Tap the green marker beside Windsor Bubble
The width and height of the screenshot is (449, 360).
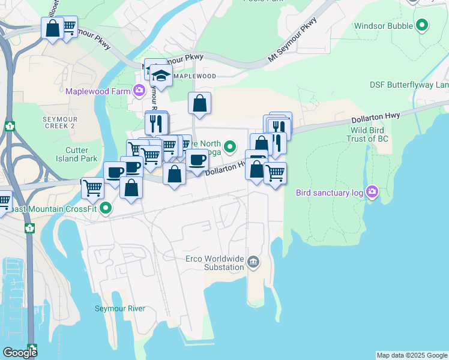pos(423,26)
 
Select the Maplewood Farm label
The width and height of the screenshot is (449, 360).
pos(98,91)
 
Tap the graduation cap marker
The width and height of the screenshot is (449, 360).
pos(161,76)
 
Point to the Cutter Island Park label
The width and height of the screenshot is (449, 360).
pos(80,154)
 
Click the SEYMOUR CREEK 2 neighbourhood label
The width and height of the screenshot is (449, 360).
pos(59,123)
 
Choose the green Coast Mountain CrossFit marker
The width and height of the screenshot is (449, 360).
pos(106,209)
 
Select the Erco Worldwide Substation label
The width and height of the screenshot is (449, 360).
pos(214,262)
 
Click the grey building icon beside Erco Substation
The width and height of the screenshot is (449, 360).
pos(253,262)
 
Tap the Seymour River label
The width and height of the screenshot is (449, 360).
pos(120,308)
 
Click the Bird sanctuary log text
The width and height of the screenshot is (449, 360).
pos(330,193)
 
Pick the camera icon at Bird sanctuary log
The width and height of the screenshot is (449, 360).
pos(372,192)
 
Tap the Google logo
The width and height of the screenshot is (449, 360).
pos(20,353)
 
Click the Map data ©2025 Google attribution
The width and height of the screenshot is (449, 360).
pos(411,355)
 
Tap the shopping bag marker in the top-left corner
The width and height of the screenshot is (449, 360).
pos(53,28)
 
